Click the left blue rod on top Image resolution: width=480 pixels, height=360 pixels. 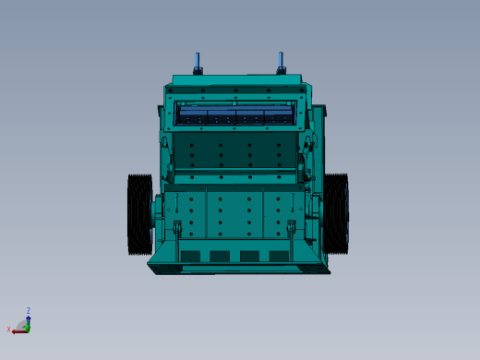[198, 62]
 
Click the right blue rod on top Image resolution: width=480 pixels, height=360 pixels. [281, 62]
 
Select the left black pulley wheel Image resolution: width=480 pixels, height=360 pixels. [139, 214]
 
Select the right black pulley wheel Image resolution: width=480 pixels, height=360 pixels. [336, 214]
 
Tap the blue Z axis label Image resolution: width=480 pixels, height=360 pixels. [28, 311]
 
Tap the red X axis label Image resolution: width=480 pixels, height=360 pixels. [9, 330]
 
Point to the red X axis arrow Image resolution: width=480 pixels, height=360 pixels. [17, 330]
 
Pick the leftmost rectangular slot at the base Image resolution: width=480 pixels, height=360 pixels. [190, 257]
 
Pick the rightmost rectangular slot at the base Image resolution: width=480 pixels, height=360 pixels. [279, 257]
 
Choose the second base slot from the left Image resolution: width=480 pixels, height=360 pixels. [220, 257]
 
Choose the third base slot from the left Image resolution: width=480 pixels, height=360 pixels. [249, 257]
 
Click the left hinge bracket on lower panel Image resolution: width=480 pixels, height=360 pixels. [177, 227]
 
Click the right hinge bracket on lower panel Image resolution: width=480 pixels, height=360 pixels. [292, 227]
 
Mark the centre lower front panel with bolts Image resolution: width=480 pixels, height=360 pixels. [234, 214]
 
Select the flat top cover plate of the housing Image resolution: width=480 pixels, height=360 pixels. [236, 80]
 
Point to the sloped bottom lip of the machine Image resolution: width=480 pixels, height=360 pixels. [238, 269]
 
